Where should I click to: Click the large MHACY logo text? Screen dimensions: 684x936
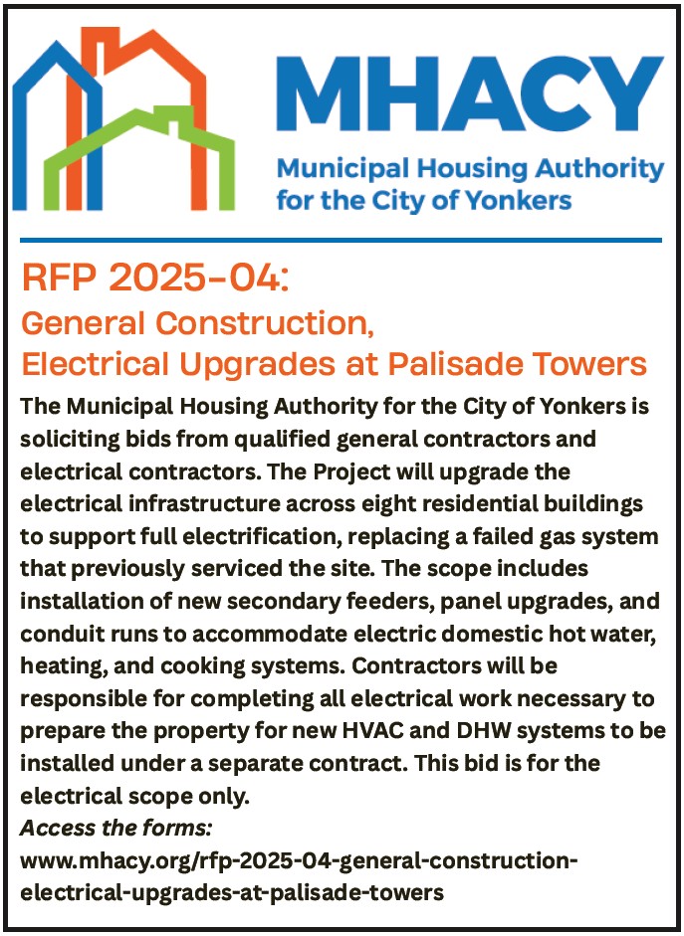click(x=470, y=94)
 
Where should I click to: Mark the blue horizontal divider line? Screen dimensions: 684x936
click(x=342, y=241)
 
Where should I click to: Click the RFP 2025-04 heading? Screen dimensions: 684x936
click(x=155, y=279)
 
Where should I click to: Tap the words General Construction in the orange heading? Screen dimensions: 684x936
click(x=197, y=323)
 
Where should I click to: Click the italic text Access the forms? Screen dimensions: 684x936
click(x=116, y=829)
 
